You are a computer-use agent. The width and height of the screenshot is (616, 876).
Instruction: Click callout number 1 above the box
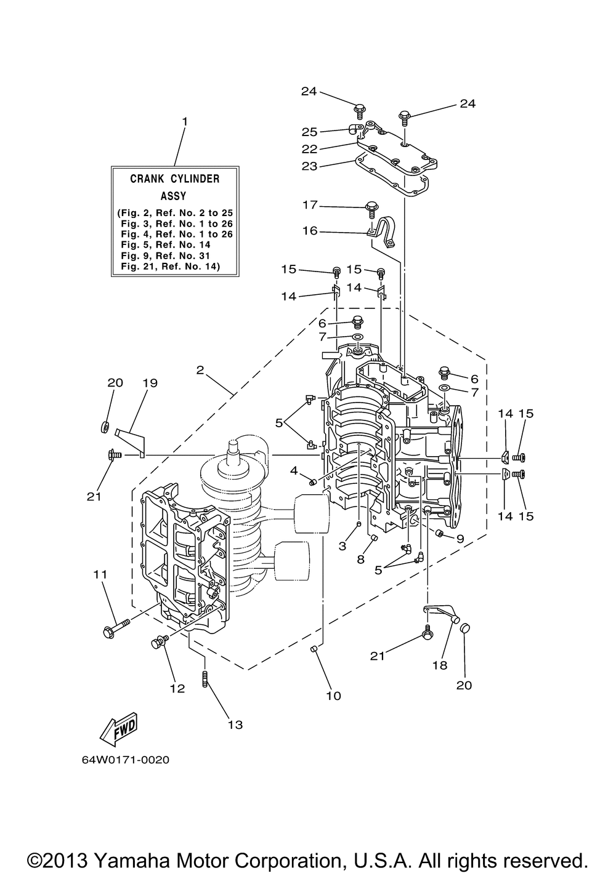pos(185,122)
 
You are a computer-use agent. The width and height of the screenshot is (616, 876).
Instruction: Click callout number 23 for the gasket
pos(309,166)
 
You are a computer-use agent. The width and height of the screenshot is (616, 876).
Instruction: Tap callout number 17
pos(310,205)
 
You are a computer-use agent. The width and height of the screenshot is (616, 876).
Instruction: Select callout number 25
pos(309,132)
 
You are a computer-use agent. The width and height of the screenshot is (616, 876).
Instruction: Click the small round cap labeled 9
pos(439,532)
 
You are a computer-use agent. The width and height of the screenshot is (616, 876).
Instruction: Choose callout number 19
pos(150,383)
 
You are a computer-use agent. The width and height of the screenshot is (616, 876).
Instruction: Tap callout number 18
pos(439,665)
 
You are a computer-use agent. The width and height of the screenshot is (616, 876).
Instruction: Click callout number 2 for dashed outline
pos(200,370)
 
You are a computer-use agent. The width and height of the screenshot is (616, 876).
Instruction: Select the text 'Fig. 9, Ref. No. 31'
pos(166,255)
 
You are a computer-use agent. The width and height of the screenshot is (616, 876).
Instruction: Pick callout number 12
pos(177,688)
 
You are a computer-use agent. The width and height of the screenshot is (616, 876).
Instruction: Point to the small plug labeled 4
pos(312,483)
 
